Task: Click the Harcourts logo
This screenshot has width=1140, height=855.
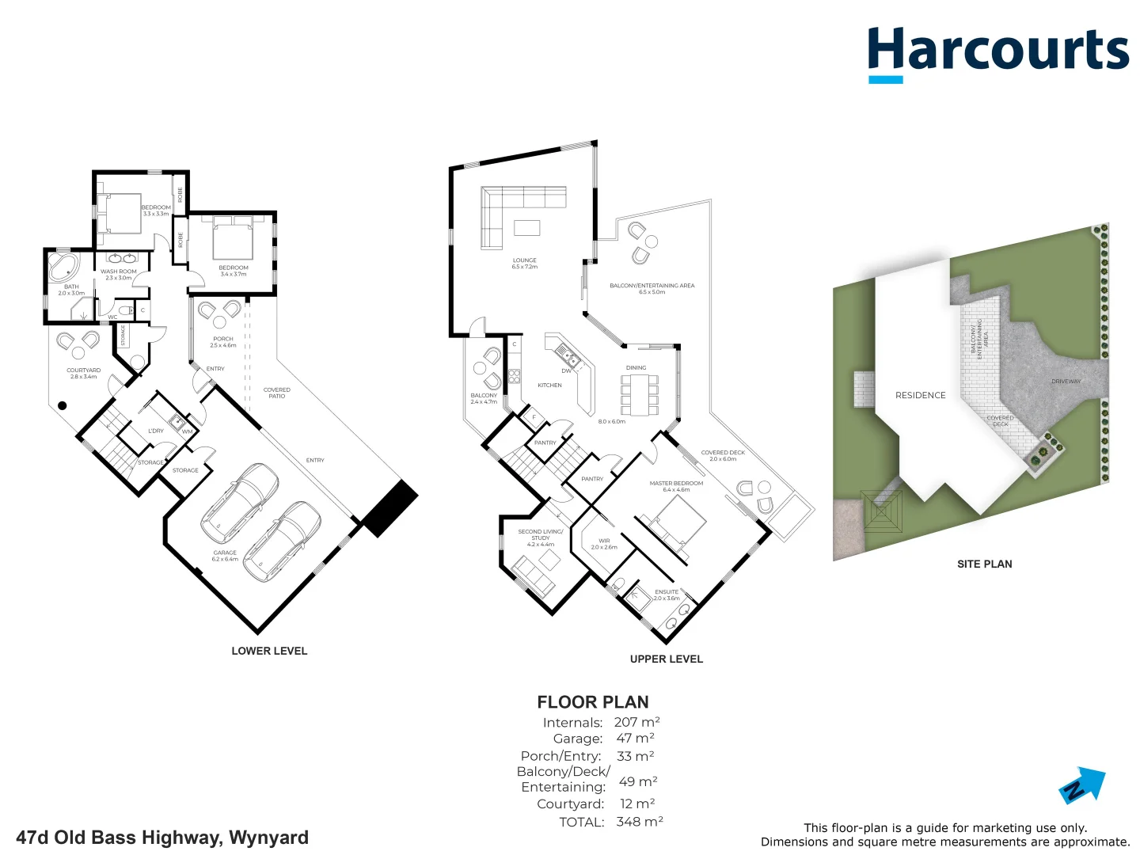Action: (997, 52)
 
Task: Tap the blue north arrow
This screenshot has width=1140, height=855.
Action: (1083, 785)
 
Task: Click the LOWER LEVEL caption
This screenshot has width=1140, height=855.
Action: (269, 651)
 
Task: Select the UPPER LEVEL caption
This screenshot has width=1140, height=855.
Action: (666, 659)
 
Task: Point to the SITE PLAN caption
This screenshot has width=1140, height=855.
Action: (984, 564)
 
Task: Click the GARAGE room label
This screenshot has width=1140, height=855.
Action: (225, 553)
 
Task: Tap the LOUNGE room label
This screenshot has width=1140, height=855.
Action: (524, 260)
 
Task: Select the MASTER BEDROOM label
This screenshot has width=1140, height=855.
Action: (676, 483)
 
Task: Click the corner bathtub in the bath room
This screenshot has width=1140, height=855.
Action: (63, 267)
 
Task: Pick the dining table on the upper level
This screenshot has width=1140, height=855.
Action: (639, 393)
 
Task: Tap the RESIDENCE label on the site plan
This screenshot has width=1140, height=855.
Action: (920, 395)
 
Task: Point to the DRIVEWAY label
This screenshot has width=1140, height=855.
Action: (1066, 382)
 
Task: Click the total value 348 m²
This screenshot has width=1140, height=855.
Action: (640, 822)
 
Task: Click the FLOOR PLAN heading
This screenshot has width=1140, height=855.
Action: (593, 702)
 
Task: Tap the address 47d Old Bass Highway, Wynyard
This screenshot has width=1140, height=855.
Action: (162, 838)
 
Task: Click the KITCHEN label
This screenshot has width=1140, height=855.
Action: (549, 386)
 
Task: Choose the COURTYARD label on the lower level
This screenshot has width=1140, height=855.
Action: (83, 370)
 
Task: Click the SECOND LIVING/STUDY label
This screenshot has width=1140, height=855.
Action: (541, 534)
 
